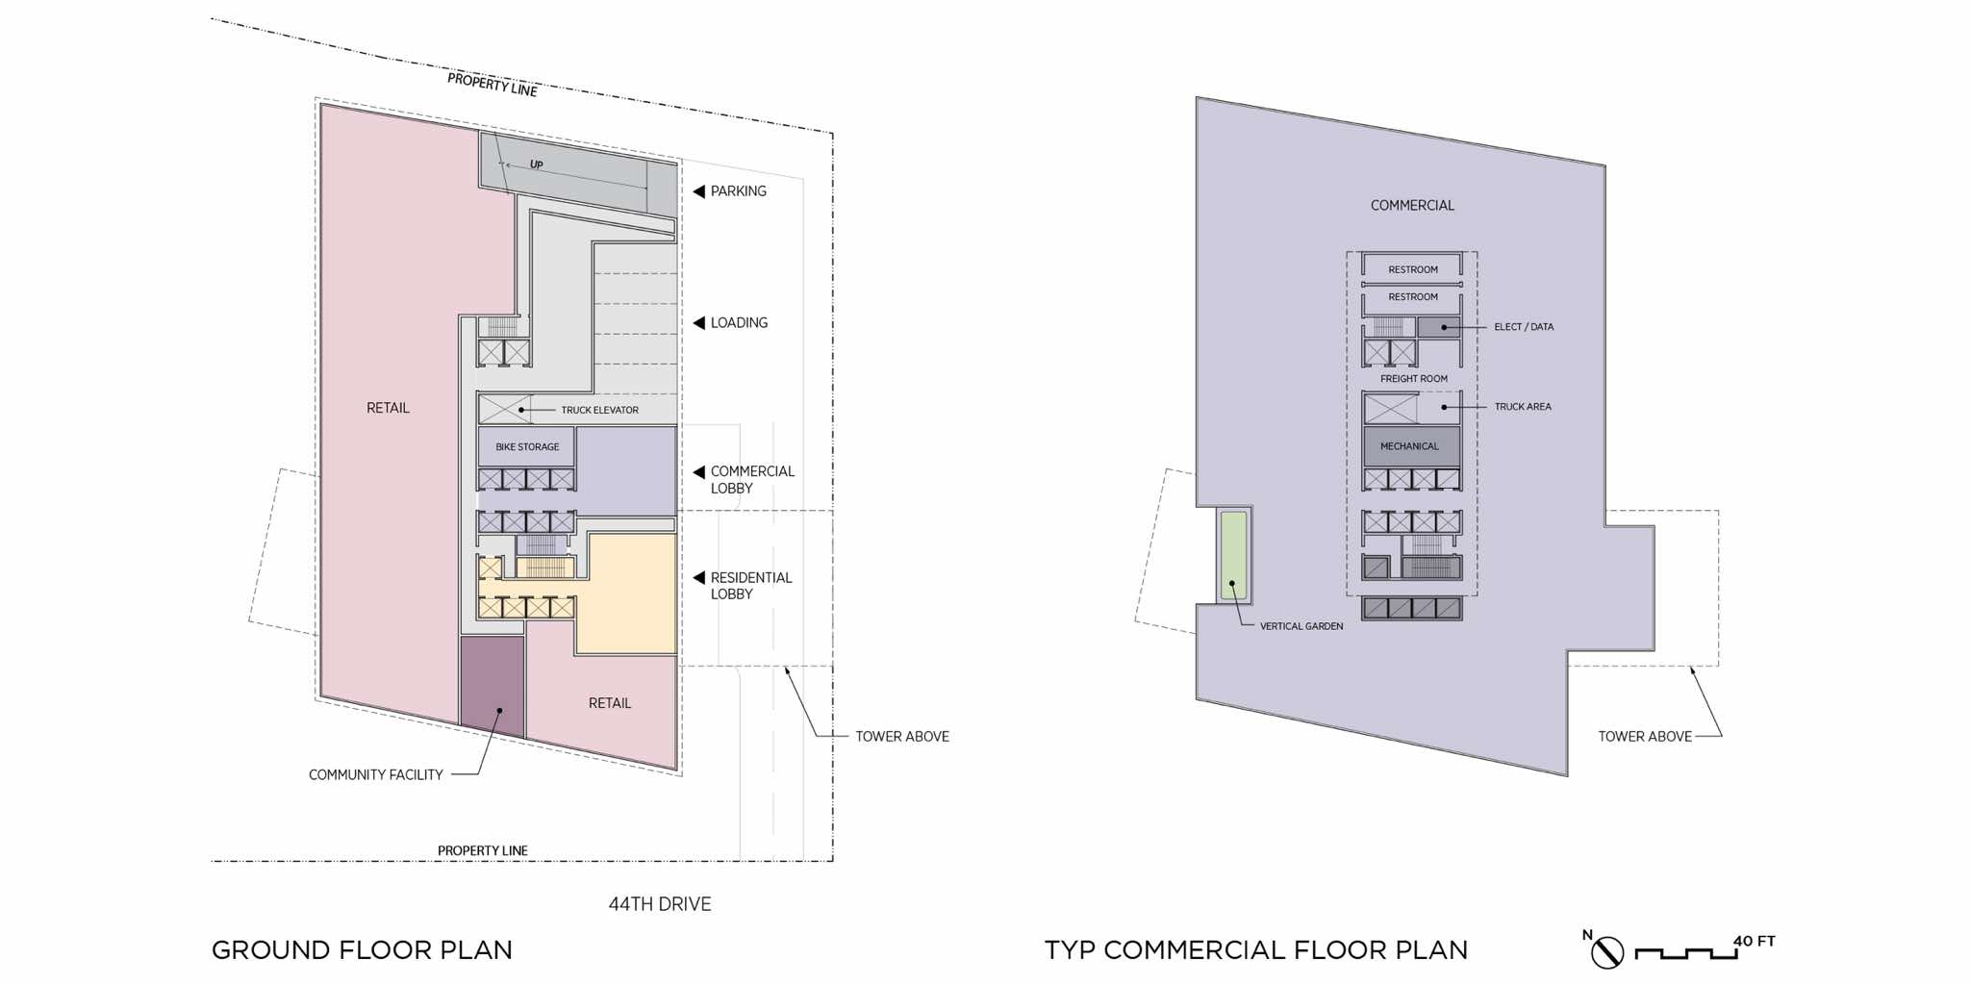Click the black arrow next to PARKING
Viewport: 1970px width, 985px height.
699,191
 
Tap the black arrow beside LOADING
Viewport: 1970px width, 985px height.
699,323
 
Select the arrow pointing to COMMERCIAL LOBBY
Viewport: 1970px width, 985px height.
699,472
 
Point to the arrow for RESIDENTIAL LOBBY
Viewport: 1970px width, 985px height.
699,578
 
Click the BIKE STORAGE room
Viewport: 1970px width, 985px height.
526,447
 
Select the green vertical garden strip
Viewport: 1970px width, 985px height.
1233,555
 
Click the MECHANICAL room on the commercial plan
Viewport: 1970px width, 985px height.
1411,446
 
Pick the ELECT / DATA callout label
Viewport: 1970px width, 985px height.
1524,327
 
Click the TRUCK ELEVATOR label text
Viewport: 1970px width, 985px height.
600,410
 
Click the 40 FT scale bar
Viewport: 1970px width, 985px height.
1686,953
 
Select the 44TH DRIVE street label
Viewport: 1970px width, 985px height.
660,904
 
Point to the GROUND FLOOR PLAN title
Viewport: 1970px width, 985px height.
362,950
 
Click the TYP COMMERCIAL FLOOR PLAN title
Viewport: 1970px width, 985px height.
1256,950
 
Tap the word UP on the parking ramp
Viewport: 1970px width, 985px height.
537,165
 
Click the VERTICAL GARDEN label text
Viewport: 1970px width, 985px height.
1301,626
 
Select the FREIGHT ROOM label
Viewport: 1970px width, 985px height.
1414,379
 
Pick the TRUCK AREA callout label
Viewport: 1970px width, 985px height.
1523,407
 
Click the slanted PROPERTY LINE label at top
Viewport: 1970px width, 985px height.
492,85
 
